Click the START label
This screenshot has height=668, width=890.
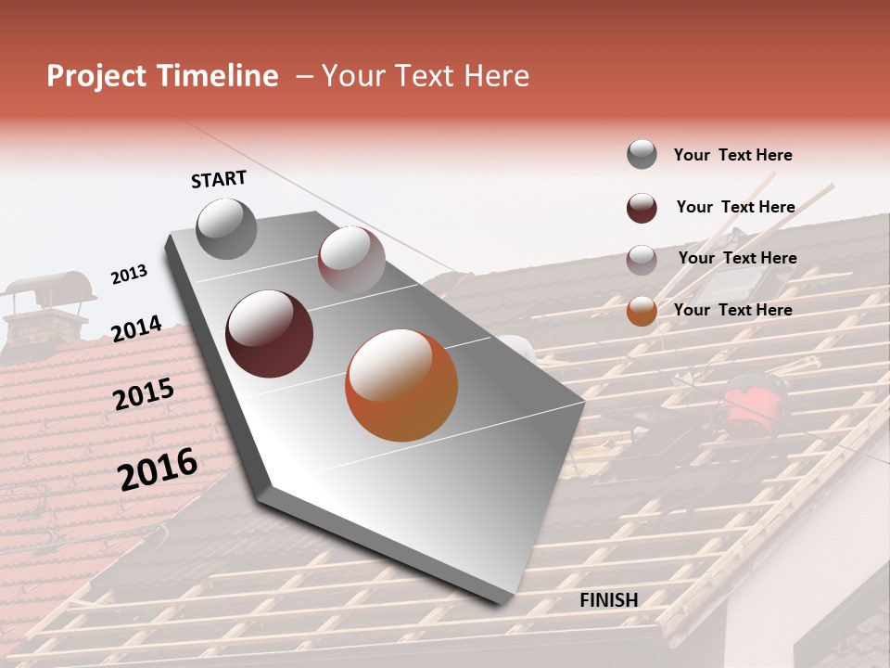[x=219, y=179]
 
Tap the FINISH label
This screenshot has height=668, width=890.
[x=608, y=600]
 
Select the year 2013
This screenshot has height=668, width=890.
[x=129, y=275]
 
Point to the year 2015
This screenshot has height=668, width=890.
[x=144, y=394]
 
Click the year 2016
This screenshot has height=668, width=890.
[x=158, y=469]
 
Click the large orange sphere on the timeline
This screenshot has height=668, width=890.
[x=401, y=385]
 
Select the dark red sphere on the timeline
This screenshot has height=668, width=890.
[x=269, y=334]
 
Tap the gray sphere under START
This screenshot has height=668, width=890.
[x=227, y=229]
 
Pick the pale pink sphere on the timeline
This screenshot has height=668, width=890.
[x=351, y=260]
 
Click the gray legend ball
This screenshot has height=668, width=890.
[x=642, y=154]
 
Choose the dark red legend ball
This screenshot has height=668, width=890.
[x=642, y=208]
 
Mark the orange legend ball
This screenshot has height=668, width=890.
[x=642, y=311]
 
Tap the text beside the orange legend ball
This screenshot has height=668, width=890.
[x=732, y=310]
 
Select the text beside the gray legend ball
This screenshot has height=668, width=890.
[x=732, y=155]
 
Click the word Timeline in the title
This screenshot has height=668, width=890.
[x=219, y=76]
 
